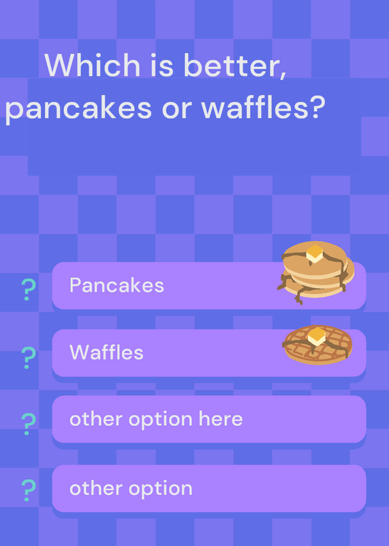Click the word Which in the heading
point(92,65)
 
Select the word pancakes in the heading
point(78,109)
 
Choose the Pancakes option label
point(116,285)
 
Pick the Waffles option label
point(106,352)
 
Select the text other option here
point(156,419)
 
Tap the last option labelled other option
point(131,489)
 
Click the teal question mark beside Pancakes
point(28,289)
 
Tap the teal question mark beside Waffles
point(28,358)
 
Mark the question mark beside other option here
point(28,424)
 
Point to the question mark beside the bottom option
point(28,490)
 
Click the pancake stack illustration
point(315,272)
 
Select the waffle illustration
point(317,345)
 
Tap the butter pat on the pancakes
point(315,253)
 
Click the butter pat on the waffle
point(317,336)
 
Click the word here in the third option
point(221,418)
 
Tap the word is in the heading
point(161,65)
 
